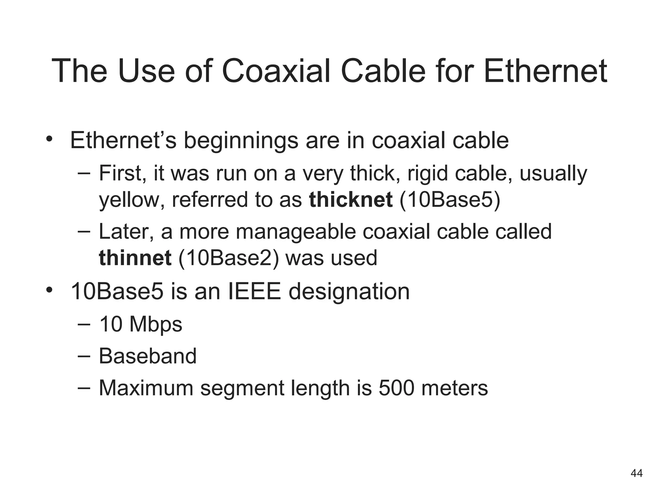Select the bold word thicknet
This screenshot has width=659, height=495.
[350, 199]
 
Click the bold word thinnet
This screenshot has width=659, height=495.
[135, 258]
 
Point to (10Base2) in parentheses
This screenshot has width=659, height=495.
[228, 258]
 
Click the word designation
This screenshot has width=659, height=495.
[349, 292]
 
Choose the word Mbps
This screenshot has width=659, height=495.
[155, 324]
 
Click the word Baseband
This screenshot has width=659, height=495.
[147, 356]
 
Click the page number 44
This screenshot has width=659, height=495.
[636, 473]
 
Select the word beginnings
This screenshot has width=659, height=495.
[241, 141]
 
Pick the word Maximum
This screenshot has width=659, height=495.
[146, 388]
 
